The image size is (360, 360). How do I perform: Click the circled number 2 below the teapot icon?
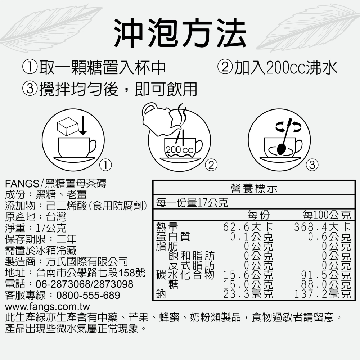[x=211, y=165]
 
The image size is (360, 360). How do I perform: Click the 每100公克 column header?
[x=327, y=215]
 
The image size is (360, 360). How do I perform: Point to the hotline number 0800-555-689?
[x=88, y=296]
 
